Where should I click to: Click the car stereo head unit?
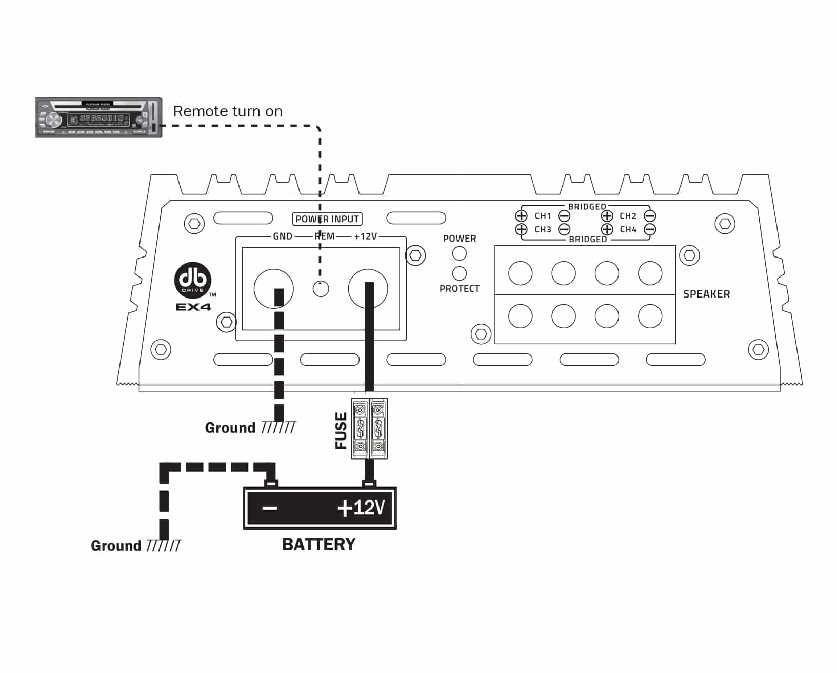[x=98, y=117]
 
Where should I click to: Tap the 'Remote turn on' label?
[x=228, y=111]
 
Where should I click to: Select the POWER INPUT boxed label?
[x=327, y=219]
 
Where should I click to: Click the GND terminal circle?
[x=273, y=288]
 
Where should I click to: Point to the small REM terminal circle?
[x=321, y=289]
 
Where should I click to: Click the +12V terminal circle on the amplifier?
[x=368, y=288]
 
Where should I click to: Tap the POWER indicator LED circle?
[x=460, y=253]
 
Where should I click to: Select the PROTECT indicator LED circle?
[x=460, y=273]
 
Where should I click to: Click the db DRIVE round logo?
[x=193, y=281]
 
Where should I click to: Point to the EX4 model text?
[x=193, y=307]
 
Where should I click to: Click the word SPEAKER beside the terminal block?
[x=706, y=294]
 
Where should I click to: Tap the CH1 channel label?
[x=543, y=216]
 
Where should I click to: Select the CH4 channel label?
[x=628, y=229]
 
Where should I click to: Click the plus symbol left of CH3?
[x=521, y=229]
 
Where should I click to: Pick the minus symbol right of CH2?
[x=650, y=216]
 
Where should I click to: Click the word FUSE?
[x=341, y=431]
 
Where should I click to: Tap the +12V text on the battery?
[x=361, y=508]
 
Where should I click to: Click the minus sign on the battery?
[x=269, y=508]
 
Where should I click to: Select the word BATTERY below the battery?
[x=318, y=544]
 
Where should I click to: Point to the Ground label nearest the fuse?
[x=230, y=428]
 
